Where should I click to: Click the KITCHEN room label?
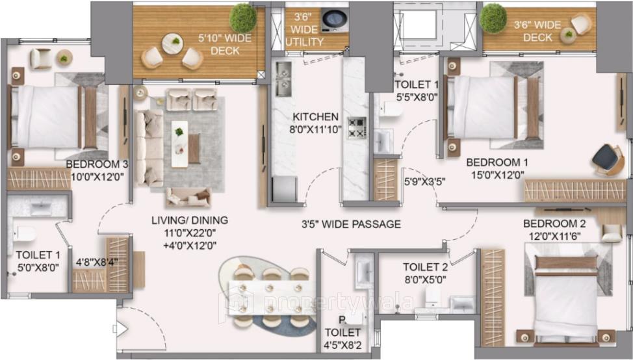point(315,117)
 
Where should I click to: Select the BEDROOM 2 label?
point(554,224)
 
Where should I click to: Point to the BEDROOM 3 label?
point(96,164)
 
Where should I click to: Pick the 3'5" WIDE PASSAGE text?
point(350,224)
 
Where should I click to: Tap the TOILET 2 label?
point(425,266)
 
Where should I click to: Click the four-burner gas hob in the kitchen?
point(356,127)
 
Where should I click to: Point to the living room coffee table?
point(179,142)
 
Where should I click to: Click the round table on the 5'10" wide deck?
point(173,44)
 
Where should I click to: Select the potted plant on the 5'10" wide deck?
point(243,18)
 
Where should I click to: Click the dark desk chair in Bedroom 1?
point(607,158)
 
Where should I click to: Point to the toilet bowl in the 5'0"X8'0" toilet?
point(25,233)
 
